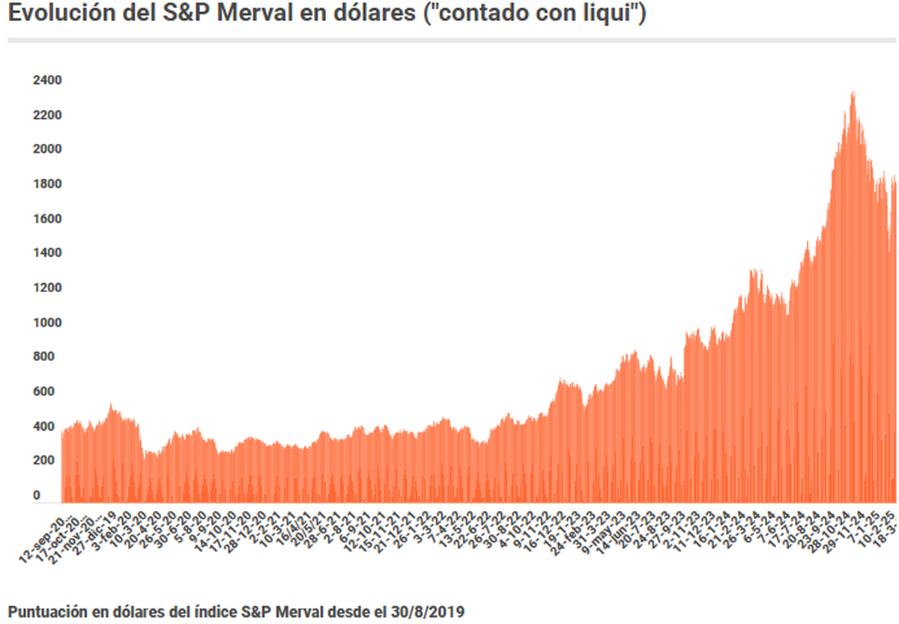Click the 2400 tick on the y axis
pyautogui.click(x=47, y=80)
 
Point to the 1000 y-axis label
pyautogui.click(x=47, y=323)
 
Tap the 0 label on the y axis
pyautogui.click(x=37, y=496)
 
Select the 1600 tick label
pyautogui.click(x=47, y=219)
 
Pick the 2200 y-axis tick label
pyautogui.click(x=47, y=115)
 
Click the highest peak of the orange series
pyautogui.click(x=853, y=93)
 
